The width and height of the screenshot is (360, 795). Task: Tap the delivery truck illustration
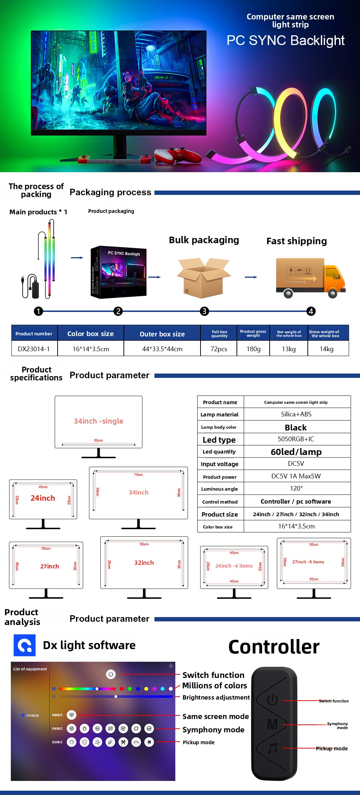point(310,277)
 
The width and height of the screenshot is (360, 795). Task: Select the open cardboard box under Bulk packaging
point(204,278)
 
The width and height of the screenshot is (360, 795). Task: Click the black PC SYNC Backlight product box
point(118,272)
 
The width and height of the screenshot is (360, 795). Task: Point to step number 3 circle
point(204,311)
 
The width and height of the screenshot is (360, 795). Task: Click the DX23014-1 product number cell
point(34,349)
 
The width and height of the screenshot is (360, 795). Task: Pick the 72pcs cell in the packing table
point(219,349)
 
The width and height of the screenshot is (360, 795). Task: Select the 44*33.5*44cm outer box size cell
point(162,349)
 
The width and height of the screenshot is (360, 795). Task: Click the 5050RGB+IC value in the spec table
point(296,439)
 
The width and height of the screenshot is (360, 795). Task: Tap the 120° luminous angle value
point(296,488)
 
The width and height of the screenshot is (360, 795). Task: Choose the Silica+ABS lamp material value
point(296,414)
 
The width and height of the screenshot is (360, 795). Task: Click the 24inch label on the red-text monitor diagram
point(43,498)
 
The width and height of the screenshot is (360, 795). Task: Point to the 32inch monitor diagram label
point(144,563)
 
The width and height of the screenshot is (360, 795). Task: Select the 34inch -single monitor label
point(98,421)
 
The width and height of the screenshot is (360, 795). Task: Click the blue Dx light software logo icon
point(24,645)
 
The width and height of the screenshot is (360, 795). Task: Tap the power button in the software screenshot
point(111,674)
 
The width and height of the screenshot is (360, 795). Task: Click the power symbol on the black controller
point(273,700)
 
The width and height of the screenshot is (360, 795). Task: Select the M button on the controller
point(273,724)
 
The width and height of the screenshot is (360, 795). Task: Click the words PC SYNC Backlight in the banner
point(285,40)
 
